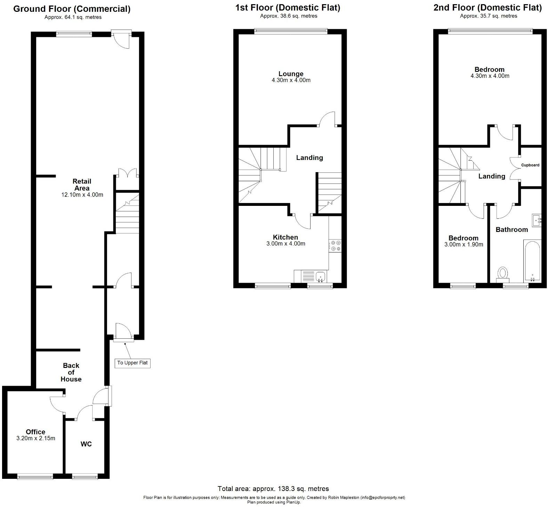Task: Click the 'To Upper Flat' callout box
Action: [x=132, y=363]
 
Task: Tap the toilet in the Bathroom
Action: [x=502, y=273]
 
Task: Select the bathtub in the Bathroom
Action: [x=532, y=261]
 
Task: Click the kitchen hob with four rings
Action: [x=336, y=246]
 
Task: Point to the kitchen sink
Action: [x=320, y=277]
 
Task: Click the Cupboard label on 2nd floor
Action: [x=530, y=165]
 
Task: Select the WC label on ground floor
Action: [x=86, y=444]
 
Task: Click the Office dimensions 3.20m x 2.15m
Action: [x=36, y=438]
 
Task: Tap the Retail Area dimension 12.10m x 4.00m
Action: [x=82, y=195]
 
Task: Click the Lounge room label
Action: [x=291, y=74]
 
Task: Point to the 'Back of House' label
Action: [x=71, y=372]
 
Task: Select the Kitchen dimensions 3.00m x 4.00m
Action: [x=285, y=244]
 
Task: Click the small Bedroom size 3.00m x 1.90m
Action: [x=464, y=244]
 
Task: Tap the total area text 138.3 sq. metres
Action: [x=273, y=489]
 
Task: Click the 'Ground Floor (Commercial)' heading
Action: [x=72, y=9]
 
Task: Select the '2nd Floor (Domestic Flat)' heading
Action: [x=487, y=7]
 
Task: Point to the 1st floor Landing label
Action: [x=309, y=158]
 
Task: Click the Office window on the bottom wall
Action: [x=35, y=477]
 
